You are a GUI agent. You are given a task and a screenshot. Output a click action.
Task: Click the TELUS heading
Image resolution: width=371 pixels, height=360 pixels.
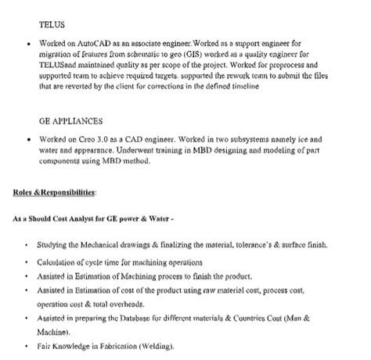point(52,25)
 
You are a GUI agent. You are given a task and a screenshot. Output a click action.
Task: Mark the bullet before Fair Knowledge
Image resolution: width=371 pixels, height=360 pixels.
point(27,347)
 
